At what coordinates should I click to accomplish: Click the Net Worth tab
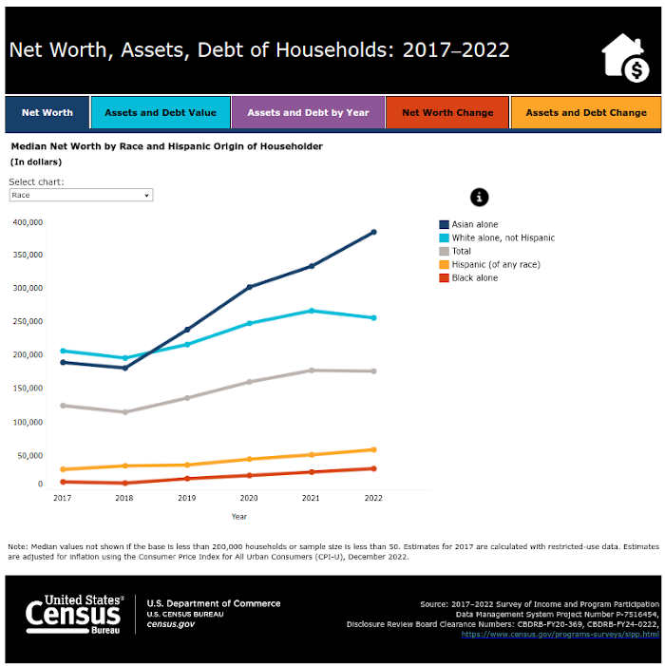(x=47, y=112)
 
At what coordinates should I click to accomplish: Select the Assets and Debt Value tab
(x=161, y=112)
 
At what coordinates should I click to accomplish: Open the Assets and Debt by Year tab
(x=308, y=112)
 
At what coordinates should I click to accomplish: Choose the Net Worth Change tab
(x=447, y=112)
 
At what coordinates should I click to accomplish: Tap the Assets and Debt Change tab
(x=586, y=112)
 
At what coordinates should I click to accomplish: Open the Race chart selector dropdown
(x=81, y=195)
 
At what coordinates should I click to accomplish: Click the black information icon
(x=480, y=197)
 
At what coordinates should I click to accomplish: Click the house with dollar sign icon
(x=626, y=59)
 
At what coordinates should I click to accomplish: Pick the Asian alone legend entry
(x=474, y=224)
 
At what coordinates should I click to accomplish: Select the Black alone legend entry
(x=474, y=277)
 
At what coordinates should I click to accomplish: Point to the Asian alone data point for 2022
(x=373, y=232)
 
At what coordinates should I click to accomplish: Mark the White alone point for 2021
(x=312, y=311)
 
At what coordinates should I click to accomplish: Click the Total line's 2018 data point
(x=124, y=412)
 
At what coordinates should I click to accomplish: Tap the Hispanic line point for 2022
(x=373, y=449)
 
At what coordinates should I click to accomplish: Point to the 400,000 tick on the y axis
(x=28, y=221)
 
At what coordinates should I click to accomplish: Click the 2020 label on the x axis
(x=249, y=497)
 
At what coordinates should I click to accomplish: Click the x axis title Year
(x=239, y=517)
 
